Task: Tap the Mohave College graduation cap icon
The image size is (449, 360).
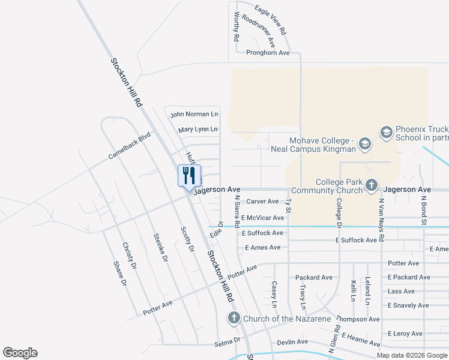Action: point(364,143)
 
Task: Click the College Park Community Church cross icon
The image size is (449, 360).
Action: point(372,185)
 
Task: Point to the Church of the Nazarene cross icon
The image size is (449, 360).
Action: point(234,318)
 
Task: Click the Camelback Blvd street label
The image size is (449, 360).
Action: point(129,146)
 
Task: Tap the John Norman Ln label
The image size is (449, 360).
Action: point(194,114)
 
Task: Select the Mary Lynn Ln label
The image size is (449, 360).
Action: point(197,129)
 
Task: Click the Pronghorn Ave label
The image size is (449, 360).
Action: point(268,53)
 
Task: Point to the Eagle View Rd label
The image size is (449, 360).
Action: point(270,20)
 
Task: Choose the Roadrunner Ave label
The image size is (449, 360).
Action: point(262,34)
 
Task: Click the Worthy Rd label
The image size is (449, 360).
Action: point(237,26)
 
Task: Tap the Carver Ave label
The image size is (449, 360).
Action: point(263,202)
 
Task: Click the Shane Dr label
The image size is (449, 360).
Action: point(121,273)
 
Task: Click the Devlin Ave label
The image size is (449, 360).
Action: point(292,342)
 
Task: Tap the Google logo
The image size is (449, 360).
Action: point(20,353)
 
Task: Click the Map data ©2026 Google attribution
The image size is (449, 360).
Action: point(411,355)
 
